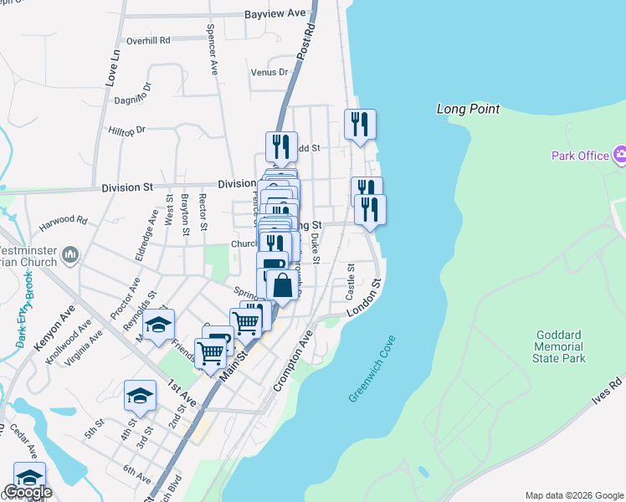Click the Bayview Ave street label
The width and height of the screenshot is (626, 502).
coord(275,14)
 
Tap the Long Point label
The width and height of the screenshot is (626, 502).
coord(468,109)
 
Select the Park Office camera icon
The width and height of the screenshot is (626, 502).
coord(620,154)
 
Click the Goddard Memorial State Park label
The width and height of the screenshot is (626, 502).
coord(558,346)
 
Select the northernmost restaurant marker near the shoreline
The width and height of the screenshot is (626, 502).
coord(360,125)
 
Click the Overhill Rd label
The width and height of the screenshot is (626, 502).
coord(148,39)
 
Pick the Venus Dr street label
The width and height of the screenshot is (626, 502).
coord(269,72)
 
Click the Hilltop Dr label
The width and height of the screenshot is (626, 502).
coord(127,130)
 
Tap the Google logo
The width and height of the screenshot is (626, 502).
coord(28,492)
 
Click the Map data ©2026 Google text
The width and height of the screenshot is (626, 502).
coord(574,495)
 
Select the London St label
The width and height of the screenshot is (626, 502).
coord(370,297)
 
